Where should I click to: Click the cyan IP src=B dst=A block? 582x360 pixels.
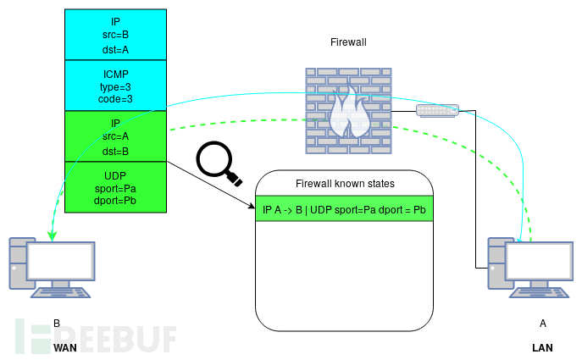[115, 35]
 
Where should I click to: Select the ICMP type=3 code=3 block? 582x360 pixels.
[115, 86]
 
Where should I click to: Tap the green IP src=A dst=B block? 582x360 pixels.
[115, 136]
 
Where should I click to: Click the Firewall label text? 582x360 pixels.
[346, 42]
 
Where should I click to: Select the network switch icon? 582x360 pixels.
[437, 111]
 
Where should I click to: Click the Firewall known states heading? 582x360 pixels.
[345, 183]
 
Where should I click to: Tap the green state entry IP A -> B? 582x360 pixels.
[345, 208]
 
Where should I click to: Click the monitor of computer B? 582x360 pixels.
[61, 262]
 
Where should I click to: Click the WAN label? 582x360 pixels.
[66, 347]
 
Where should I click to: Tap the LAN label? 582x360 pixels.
[542, 347]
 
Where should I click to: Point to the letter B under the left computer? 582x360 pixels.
[57, 323]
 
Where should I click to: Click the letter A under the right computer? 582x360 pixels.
[543, 323]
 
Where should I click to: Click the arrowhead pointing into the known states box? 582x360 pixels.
[252, 206]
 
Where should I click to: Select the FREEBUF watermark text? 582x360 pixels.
[97, 337]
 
